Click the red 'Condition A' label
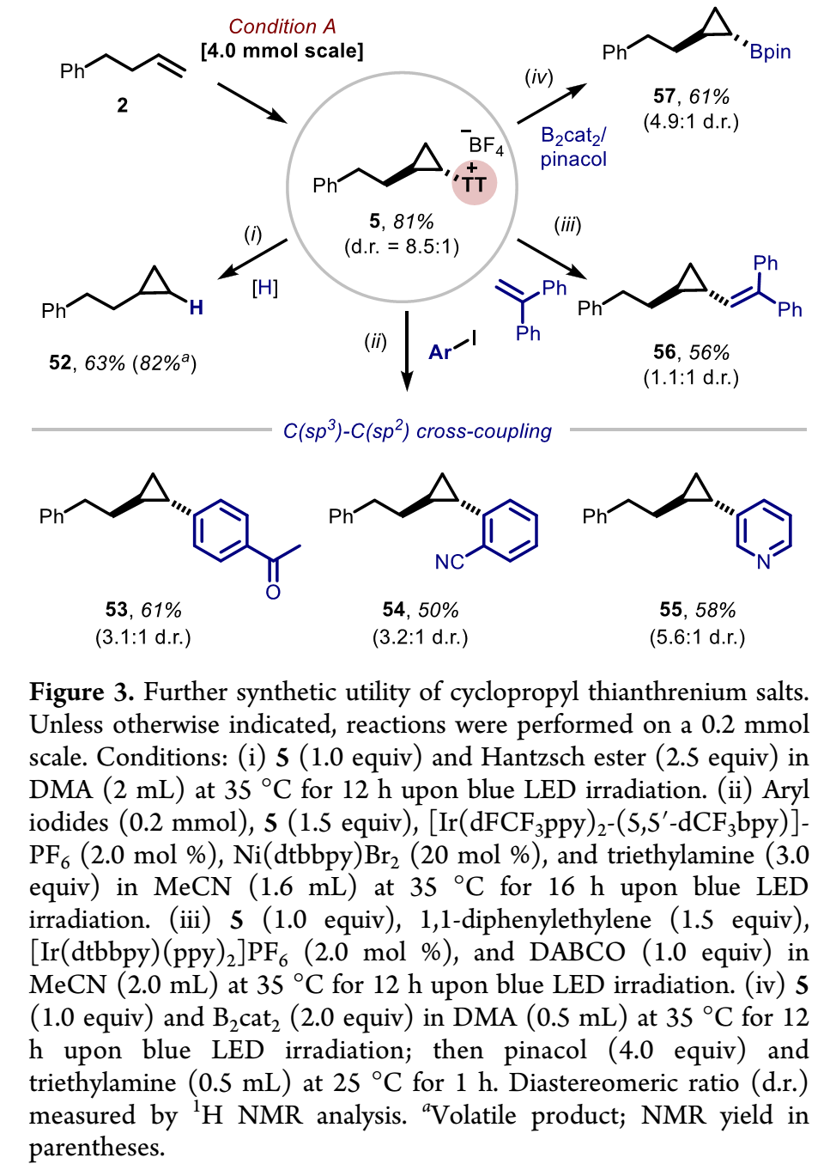282,27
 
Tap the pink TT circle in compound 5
474,182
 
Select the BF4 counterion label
485,145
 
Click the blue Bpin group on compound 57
770,52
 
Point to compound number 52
60,363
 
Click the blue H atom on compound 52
197,308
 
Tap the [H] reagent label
264,288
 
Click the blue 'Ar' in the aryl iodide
440,352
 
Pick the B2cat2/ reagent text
573,136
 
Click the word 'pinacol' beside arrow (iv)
573,159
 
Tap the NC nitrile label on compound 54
449,562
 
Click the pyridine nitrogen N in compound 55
764,562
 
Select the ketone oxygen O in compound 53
273,592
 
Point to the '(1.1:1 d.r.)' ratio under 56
691,377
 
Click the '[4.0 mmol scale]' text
282,51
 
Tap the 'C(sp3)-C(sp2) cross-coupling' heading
417,430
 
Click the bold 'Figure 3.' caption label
82,692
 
